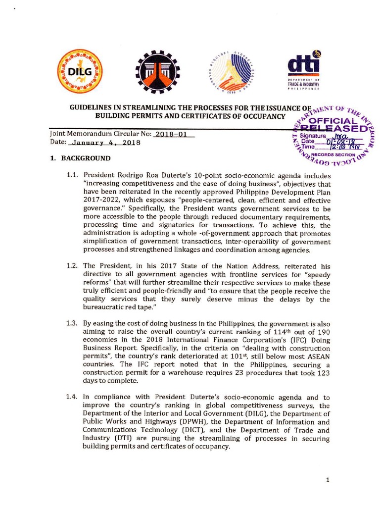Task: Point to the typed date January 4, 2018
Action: point(105,143)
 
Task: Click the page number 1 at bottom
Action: point(328,480)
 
